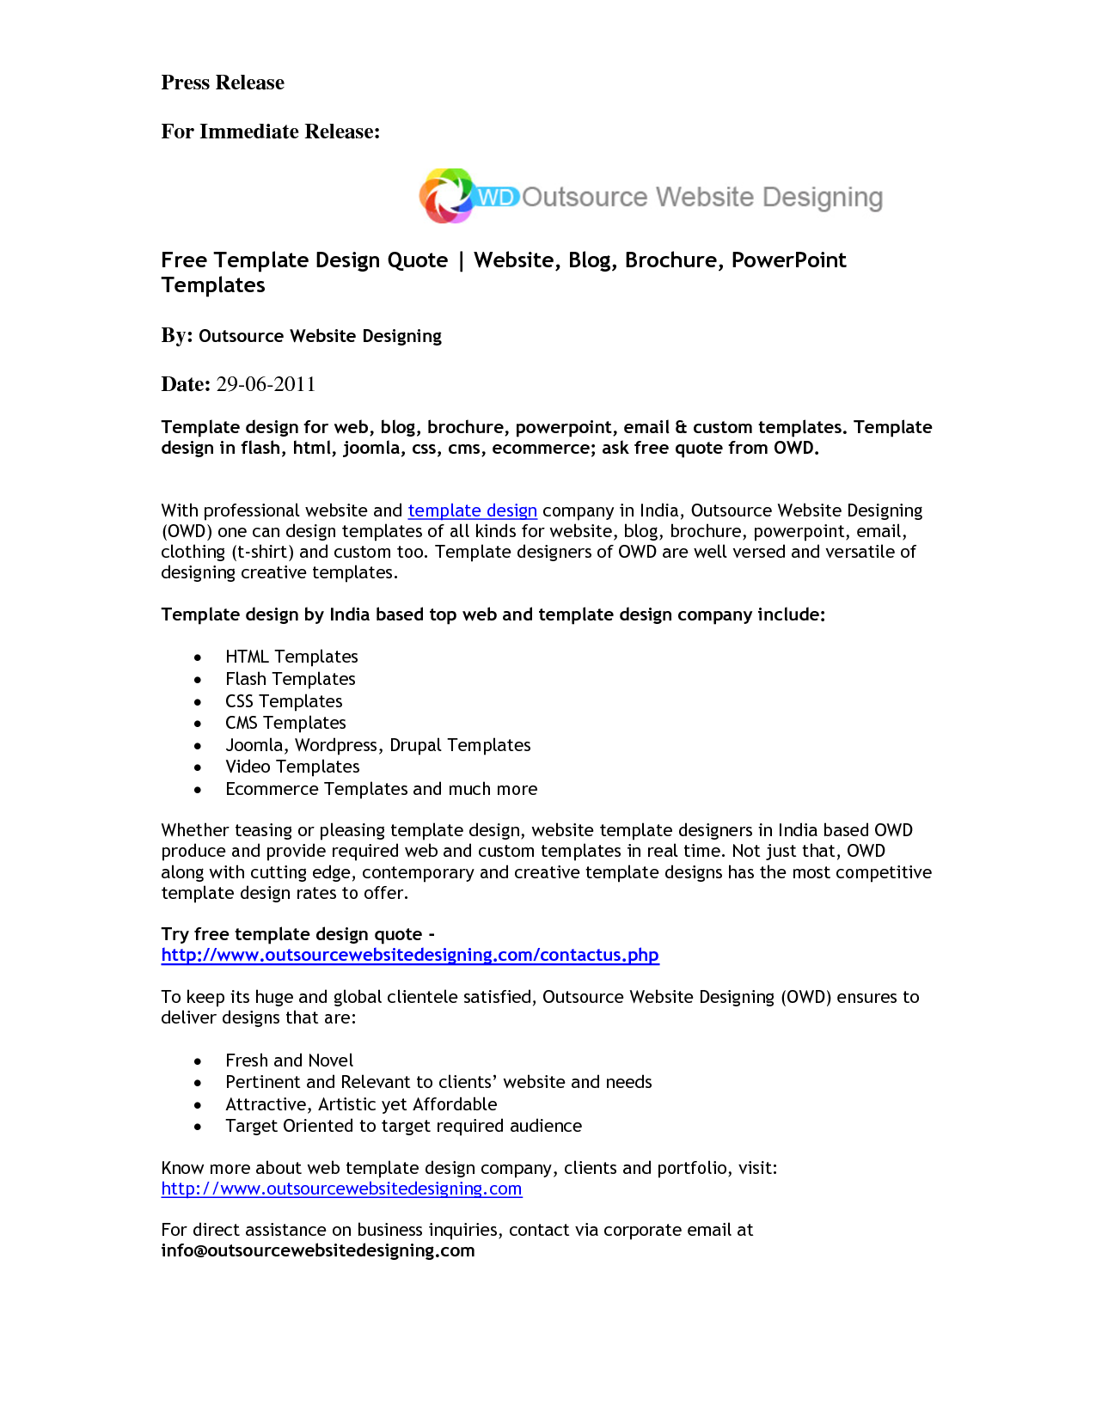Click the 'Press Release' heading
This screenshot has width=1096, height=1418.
[223, 83]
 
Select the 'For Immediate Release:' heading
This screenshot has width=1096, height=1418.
[270, 131]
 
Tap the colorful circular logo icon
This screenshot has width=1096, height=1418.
[446, 196]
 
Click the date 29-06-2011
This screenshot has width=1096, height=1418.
[266, 384]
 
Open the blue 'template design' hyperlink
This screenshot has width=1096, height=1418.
[472, 510]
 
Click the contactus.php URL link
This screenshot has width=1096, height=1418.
[409, 955]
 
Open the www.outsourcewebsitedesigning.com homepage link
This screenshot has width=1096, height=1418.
[341, 1189]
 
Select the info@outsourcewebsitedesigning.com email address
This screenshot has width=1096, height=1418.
[317, 1250]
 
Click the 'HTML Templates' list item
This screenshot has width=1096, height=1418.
[291, 657]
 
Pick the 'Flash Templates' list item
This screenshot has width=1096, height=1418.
[290, 679]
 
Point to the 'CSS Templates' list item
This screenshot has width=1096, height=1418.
[284, 701]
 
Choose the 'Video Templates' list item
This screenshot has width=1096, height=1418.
[292, 767]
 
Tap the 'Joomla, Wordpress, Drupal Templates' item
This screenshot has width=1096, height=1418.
[377, 745]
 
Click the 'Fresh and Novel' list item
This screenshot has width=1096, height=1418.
[289, 1060]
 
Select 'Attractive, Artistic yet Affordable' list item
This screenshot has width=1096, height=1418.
[361, 1104]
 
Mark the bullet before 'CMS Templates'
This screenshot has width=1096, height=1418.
[198, 724]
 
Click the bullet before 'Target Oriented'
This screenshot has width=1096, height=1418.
[198, 1127]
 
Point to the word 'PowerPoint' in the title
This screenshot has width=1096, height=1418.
[788, 260]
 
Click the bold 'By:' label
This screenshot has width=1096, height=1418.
[176, 335]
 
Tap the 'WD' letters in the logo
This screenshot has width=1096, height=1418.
[496, 197]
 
